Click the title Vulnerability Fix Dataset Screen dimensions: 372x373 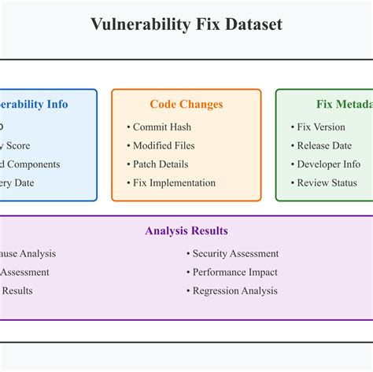(x=186, y=24)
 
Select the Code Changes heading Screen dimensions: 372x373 (x=186, y=104)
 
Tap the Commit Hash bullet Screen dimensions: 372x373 (x=161, y=127)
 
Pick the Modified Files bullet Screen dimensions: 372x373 (x=164, y=145)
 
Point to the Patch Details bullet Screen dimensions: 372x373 (x=161, y=164)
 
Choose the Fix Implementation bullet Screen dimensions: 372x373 (x=174, y=183)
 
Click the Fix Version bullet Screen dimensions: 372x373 (x=321, y=127)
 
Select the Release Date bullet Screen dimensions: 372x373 (x=324, y=145)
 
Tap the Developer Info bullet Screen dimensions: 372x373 (x=328, y=164)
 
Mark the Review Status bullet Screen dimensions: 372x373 (x=327, y=183)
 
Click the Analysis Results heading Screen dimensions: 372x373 (x=186, y=230)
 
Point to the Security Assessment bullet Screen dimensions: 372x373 (x=235, y=253)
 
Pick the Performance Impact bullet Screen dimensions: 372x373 (x=235, y=272)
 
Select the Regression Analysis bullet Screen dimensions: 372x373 (x=235, y=291)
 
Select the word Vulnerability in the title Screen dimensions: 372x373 (x=137, y=24)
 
